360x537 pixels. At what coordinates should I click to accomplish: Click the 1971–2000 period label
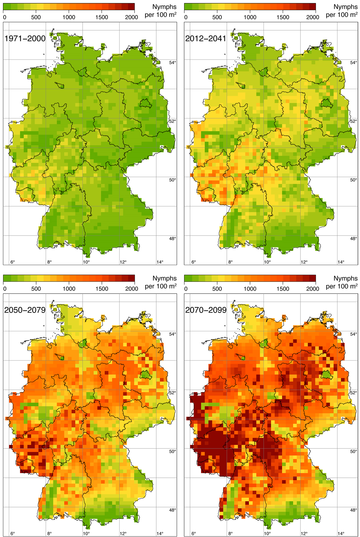point(25,38)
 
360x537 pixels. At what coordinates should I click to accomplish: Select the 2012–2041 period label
point(206,38)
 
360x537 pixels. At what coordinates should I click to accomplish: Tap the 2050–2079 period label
point(25,310)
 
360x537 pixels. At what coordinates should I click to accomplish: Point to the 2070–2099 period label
point(206,310)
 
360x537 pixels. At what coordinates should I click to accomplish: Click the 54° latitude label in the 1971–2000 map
point(173,62)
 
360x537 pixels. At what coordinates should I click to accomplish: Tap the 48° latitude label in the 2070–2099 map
point(353,510)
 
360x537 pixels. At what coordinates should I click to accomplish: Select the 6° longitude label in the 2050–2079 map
point(12,533)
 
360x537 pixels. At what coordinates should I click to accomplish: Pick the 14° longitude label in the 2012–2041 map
point(341,262)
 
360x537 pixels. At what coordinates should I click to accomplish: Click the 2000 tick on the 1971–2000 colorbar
point(131,17)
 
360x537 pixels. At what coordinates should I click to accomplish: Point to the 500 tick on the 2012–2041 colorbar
point(217,17)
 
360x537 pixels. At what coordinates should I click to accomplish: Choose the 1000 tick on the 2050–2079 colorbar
point(69,289)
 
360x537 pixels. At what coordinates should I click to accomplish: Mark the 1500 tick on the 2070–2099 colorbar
point(283,289)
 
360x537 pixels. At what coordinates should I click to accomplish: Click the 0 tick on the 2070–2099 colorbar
point(186,289)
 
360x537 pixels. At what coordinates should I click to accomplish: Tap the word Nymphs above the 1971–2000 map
point(164,7)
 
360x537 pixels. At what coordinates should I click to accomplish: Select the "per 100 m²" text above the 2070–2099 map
point(342,286)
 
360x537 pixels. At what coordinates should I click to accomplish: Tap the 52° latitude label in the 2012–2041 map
point(353,121)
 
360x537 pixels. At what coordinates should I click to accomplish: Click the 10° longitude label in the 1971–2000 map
point(86,262)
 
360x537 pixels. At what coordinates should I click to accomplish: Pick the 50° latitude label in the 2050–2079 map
point(173,451)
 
